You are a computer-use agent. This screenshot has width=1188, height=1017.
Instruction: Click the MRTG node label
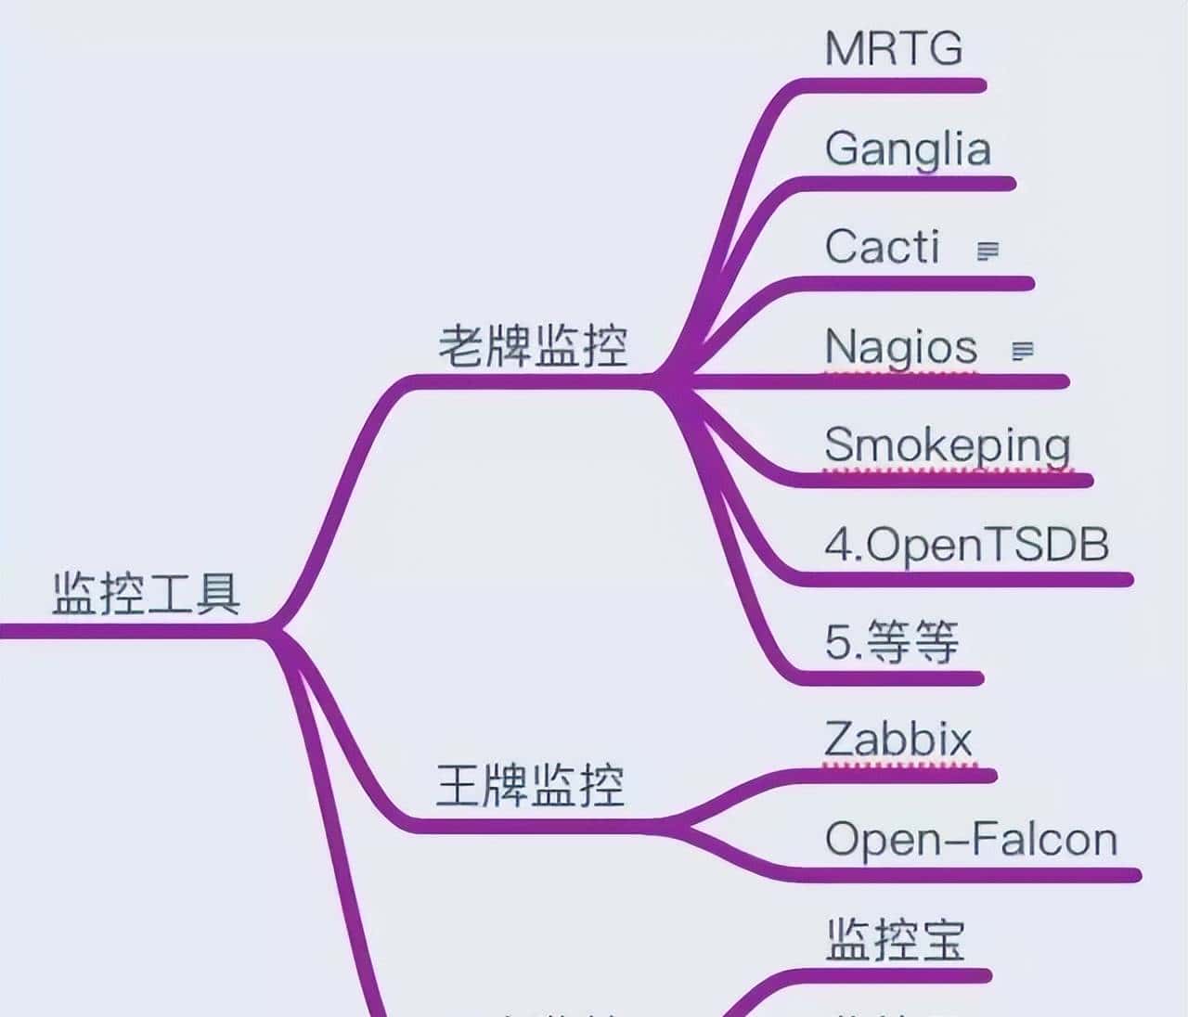(893, 48)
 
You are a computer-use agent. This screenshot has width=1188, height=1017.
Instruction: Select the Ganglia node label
(908, 148)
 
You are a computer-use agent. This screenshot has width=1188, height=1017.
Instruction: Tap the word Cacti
(882, 247)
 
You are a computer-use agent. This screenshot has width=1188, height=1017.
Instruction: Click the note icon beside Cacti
(988, 251)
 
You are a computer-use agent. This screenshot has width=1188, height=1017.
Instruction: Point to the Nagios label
(900, 347)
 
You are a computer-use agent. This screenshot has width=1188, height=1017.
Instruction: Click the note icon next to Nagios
(1022, 351)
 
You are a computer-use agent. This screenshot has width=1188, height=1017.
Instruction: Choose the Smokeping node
(947, 445)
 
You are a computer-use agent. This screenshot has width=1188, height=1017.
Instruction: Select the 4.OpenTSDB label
(966, 545)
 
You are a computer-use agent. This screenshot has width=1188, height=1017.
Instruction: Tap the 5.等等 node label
(891, 642)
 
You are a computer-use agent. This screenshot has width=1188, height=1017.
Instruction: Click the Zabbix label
(897, 740)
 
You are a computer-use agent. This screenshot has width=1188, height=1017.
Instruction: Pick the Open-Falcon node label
(971, 839)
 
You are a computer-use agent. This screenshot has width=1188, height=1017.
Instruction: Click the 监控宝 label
(895, 939)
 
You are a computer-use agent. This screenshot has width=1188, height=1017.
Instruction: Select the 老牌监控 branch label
(533, 346)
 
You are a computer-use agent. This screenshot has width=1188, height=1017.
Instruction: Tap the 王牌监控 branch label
(531, 785)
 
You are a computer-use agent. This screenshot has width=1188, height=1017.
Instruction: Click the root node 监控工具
(147, 594)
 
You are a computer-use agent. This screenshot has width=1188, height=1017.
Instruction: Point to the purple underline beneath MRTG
(891, 86)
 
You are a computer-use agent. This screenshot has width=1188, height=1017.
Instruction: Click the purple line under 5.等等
(891, 678)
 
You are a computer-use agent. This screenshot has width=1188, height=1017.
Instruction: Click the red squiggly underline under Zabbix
(898, 765)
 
